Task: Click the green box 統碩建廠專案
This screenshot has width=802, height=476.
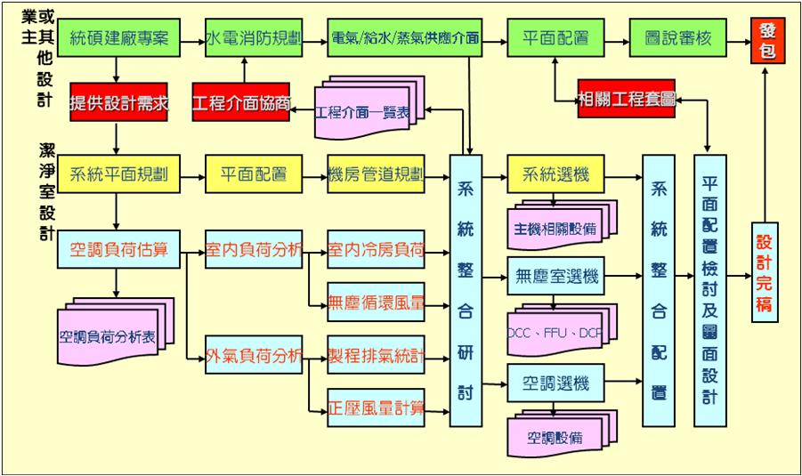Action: [x=117, y=39]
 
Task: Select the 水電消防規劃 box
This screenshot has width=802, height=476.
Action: [x=254, y=39]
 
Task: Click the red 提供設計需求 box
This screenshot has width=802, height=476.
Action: [x=118, y=103]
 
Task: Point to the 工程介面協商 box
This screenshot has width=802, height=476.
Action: [x=242, y=103]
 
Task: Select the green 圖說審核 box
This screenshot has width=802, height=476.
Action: [x=681, y=39]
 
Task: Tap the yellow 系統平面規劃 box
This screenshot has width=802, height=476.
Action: [x=118, y=173]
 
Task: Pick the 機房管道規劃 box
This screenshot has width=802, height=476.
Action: [x=376, y=173]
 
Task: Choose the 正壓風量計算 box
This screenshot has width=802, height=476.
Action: [x=376, y=407]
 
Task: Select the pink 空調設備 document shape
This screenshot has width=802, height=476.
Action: [x=555, y=436]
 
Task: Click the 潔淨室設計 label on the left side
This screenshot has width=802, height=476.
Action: [x=46, y=191]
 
